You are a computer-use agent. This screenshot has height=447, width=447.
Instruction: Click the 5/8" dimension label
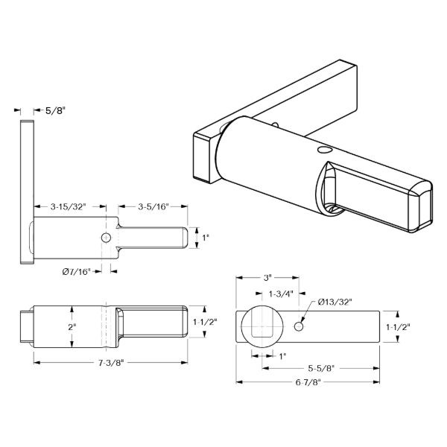pos(55,110)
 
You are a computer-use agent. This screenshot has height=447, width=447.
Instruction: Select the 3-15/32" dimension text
pos(68,206)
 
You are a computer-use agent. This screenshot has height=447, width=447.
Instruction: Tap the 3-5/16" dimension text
pos(153,206)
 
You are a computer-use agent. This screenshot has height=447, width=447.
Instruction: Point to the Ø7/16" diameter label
pos(76,272)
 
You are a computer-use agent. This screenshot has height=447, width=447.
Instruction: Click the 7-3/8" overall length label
pos(111,363)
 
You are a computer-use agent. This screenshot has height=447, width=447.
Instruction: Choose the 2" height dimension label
pos(72,327)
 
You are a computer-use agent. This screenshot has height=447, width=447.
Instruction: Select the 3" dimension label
pos(267,278)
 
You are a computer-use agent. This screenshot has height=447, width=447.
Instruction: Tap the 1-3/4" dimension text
pos(281,294)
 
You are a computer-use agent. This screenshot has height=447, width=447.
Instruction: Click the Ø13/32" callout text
pos(335,302)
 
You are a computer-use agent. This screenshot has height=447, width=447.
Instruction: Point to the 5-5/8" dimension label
pos(321,368)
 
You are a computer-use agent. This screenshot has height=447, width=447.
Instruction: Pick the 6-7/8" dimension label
pos(308,382)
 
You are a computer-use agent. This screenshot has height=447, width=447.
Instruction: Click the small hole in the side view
pos(106,238)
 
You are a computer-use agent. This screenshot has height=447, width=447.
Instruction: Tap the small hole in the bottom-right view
pos(299,327)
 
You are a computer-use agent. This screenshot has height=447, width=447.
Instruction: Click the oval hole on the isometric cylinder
pos(323,150)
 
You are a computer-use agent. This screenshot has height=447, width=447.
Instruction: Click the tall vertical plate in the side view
pos(27,192)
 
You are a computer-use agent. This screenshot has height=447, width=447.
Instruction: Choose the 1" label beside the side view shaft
pos(206,238)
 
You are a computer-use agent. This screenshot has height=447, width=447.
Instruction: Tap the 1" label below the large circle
pos(282,356)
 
